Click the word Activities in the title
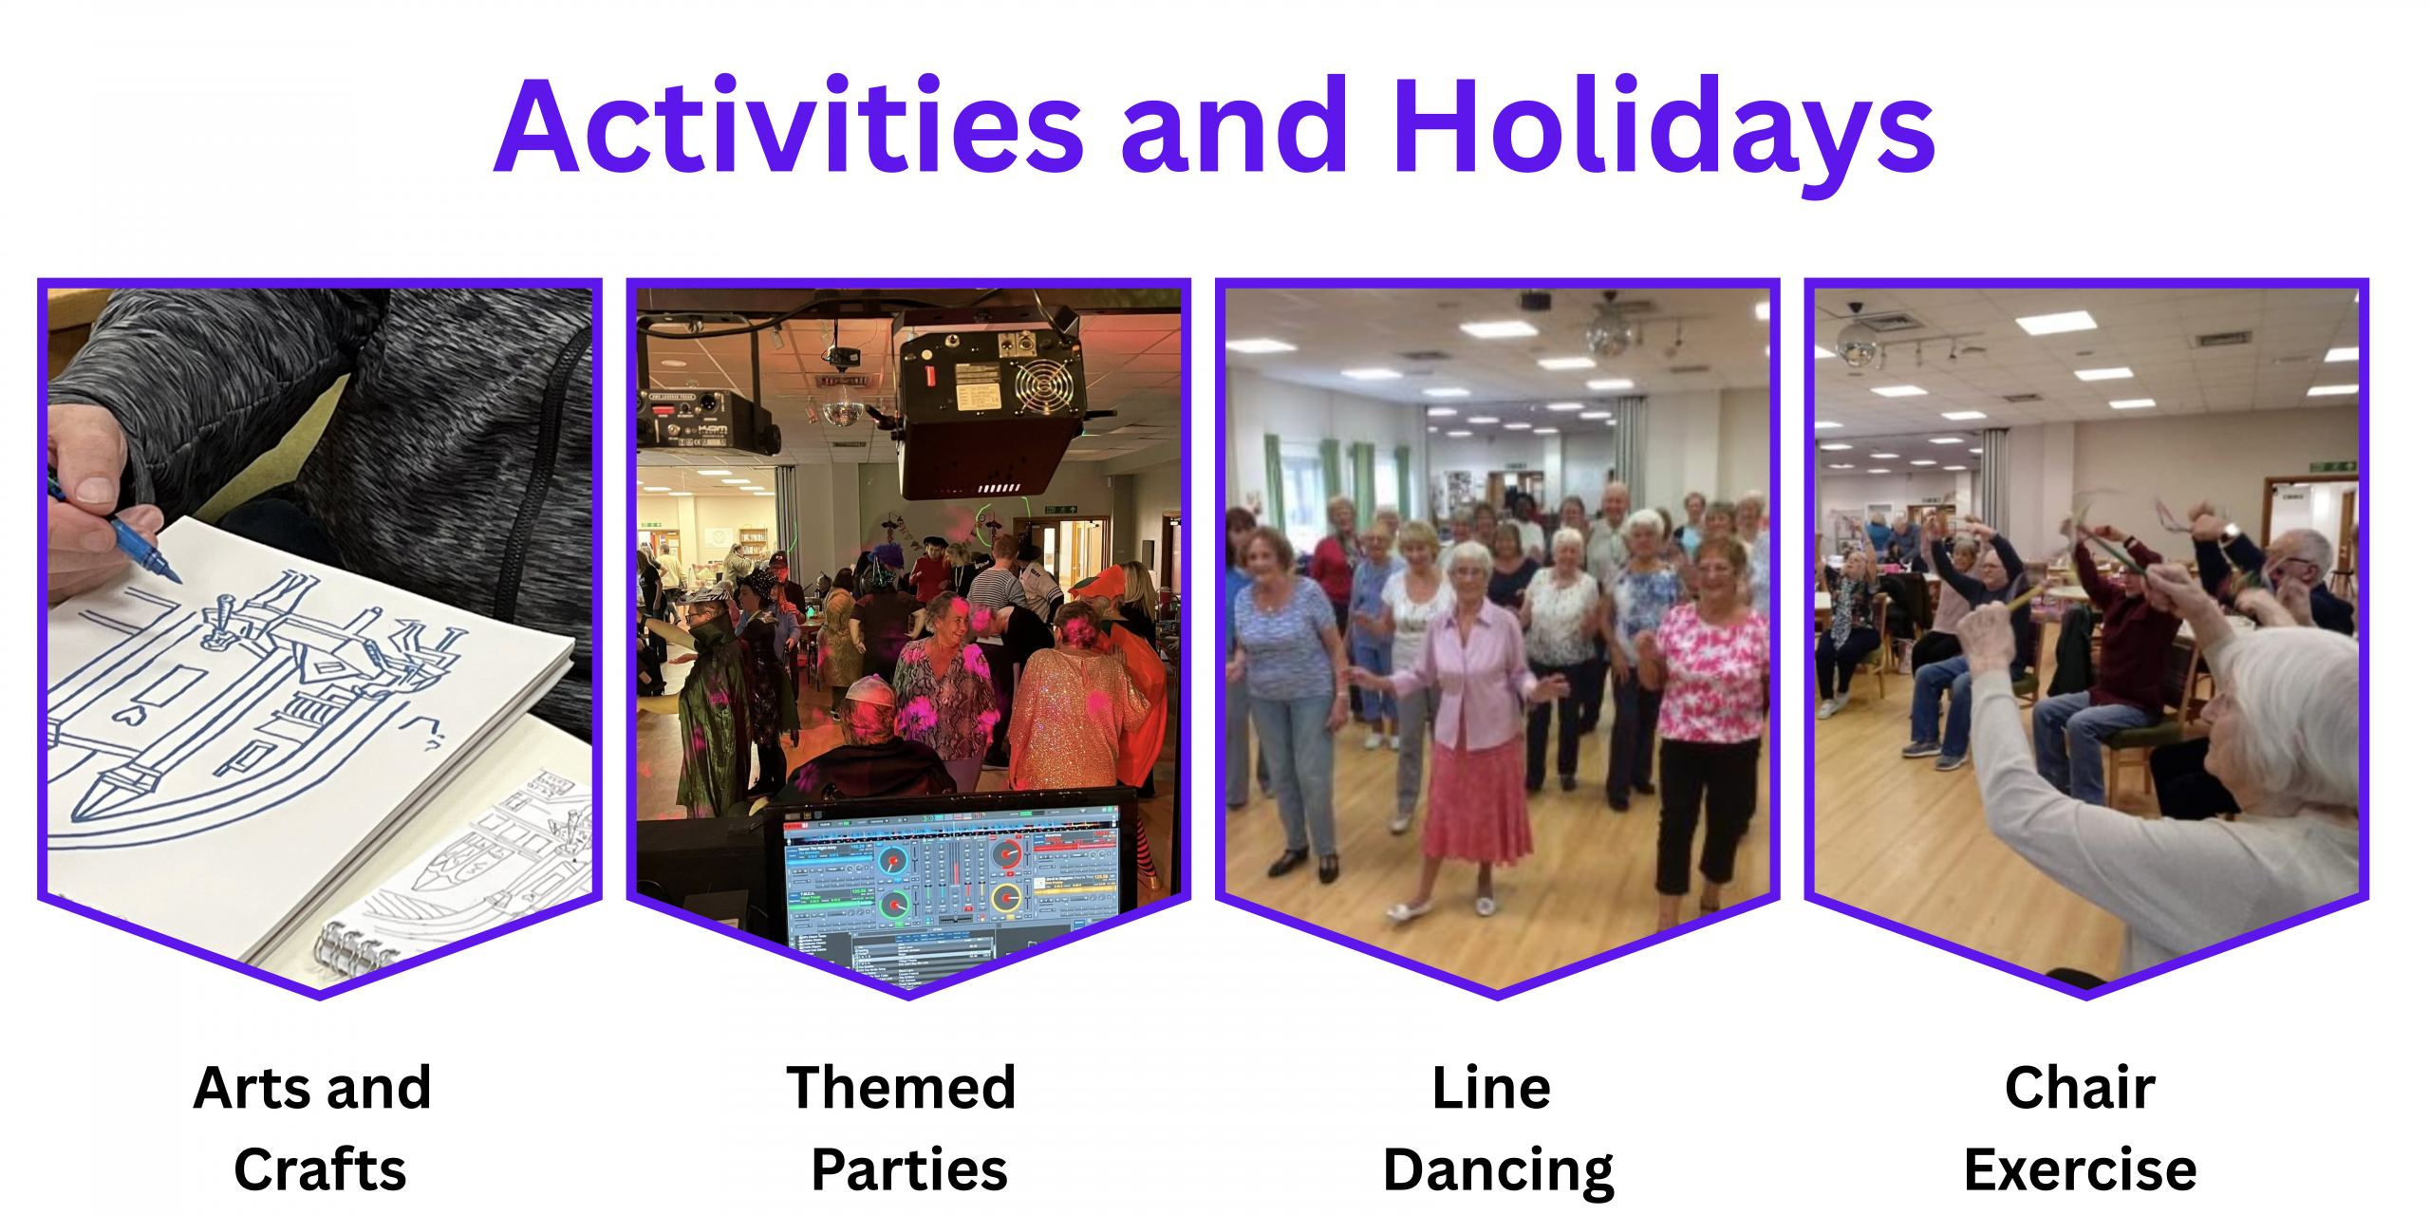pyautogui.click(x=789, y=125)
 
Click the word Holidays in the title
pyautogui.click(x=1664, y=133)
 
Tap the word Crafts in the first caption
pyautogui.click(x=320, y=1169)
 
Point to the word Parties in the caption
pyautogui.click(x=909, y=1169)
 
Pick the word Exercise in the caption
pyautogui.click(x=2080, y=1169)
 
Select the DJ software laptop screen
pyautogui.click(x=949, y=878)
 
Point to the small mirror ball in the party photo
pyautogui.click(x=841, y=411)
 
